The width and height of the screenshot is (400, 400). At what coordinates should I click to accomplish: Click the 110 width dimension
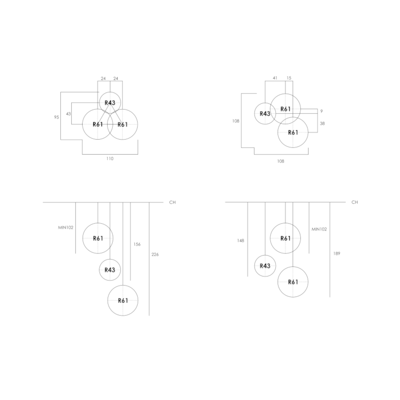coord(110,159)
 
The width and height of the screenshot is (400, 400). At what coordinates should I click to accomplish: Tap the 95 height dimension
coord(57,117)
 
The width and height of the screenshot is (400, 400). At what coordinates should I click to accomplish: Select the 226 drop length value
coord(155,255)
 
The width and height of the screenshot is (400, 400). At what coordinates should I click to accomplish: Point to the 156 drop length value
coord(137,244)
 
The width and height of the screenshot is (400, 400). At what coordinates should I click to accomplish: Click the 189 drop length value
coord(337,253)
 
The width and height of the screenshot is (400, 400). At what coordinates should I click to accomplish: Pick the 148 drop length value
coord(241,241)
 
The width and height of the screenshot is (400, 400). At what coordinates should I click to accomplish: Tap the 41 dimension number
coord(275,78)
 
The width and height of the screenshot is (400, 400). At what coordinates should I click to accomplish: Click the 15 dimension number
coord(289,78)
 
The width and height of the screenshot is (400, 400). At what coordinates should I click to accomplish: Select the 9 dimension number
coord(321,111)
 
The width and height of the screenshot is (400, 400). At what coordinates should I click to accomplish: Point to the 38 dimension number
coord(322,124)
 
